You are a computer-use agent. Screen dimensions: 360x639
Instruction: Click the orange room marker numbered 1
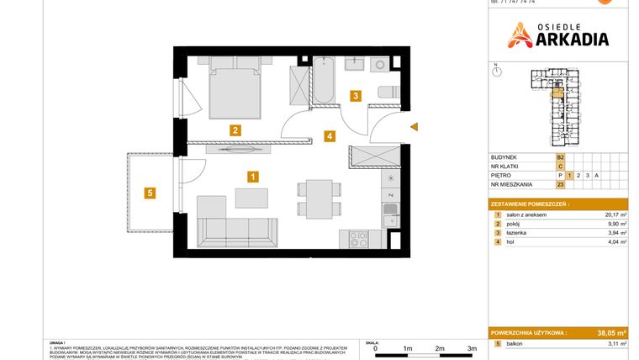(x=252, y=177)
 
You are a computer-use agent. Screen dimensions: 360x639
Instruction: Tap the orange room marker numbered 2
(x=236, y=130)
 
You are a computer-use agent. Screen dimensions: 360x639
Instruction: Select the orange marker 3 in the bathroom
(x=356, y=96)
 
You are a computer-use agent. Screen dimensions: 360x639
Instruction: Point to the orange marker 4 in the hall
(x=330, y=135)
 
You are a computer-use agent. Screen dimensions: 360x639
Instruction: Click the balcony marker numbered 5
(x=149, y=193)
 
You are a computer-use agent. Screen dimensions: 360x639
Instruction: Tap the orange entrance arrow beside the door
(x=414, y=128)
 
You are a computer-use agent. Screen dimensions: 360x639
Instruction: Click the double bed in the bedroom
(x=235, y=88)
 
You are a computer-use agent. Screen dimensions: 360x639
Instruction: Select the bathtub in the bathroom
(x=325, y=81)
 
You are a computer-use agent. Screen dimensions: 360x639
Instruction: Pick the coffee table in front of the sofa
(x=252, y=198)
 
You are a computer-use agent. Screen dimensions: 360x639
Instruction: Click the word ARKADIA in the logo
(x=569, y=38)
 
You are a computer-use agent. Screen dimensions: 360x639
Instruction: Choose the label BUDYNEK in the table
(x=505, y=157)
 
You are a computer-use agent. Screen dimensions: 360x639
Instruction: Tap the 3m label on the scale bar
(x=472, y=347)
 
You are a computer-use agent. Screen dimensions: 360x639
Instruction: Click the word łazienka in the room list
(x=520, y=234)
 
